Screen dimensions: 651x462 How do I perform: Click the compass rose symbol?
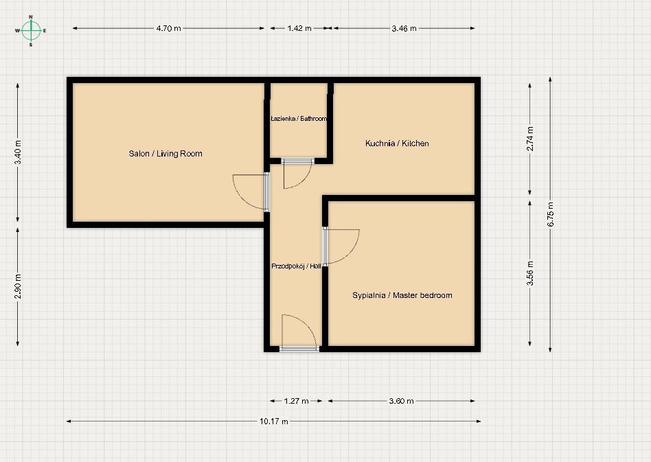(31, 31)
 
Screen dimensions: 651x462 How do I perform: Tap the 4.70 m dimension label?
(168, 28)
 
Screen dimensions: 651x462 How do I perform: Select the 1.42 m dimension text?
(299, 28)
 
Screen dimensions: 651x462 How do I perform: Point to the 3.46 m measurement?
(404, 28)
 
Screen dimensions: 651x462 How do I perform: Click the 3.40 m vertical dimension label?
(18, 152)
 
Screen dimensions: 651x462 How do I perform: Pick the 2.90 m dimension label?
(18, 286)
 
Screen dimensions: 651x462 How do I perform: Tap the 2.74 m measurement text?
(530, 139)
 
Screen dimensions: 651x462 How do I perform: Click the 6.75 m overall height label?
(551, 214)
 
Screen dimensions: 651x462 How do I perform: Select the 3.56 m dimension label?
(530, 273)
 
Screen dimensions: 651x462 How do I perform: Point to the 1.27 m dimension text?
(297, 401)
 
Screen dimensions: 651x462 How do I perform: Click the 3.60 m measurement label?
(402, 401)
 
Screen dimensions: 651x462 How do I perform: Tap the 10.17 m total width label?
(274, 421)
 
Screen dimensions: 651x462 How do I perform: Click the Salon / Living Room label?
(165, 154)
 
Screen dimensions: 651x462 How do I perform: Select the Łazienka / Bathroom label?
(299, 119)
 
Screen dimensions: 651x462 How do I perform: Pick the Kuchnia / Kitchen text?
(397, 143)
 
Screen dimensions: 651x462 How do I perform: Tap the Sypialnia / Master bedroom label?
(402, 295)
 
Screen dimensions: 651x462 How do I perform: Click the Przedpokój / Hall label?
(296, 266)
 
